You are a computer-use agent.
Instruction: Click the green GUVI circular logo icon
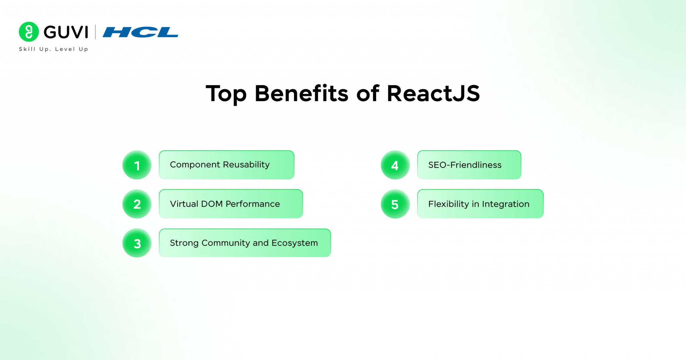[x=29, y=32]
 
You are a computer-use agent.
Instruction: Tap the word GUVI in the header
[x=66, y=32]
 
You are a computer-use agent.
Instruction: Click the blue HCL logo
[x=140, y=32]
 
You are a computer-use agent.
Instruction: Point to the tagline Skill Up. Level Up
[x=54, y=49]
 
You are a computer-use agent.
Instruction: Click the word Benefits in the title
[x=301, y=93]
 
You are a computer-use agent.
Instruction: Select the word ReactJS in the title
[x=433, y=93]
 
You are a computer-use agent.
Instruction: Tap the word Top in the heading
[x=226, y=94]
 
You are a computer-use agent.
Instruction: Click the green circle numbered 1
[x=137, y=165]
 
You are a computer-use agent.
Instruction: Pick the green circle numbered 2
[x=137, y=204]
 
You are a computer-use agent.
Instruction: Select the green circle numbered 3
[x=137, y=243]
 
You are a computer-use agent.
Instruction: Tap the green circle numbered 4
[x=395, y=165]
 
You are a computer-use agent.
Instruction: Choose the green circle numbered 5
[x=395, y=204]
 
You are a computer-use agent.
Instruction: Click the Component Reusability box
[x=226, y=165]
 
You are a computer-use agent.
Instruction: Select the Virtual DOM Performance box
[x=231, y=204]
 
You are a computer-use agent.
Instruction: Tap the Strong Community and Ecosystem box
[x=245, y=243]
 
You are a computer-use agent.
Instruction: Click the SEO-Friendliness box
[x=469, y=165]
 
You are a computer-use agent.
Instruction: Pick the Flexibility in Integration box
[x=480, y=204]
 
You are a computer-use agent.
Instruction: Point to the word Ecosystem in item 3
[x=294, y=243]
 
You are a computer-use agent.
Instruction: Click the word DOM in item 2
[x=212, y=204]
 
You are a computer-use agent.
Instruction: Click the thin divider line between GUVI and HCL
[x=95, y=32]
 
